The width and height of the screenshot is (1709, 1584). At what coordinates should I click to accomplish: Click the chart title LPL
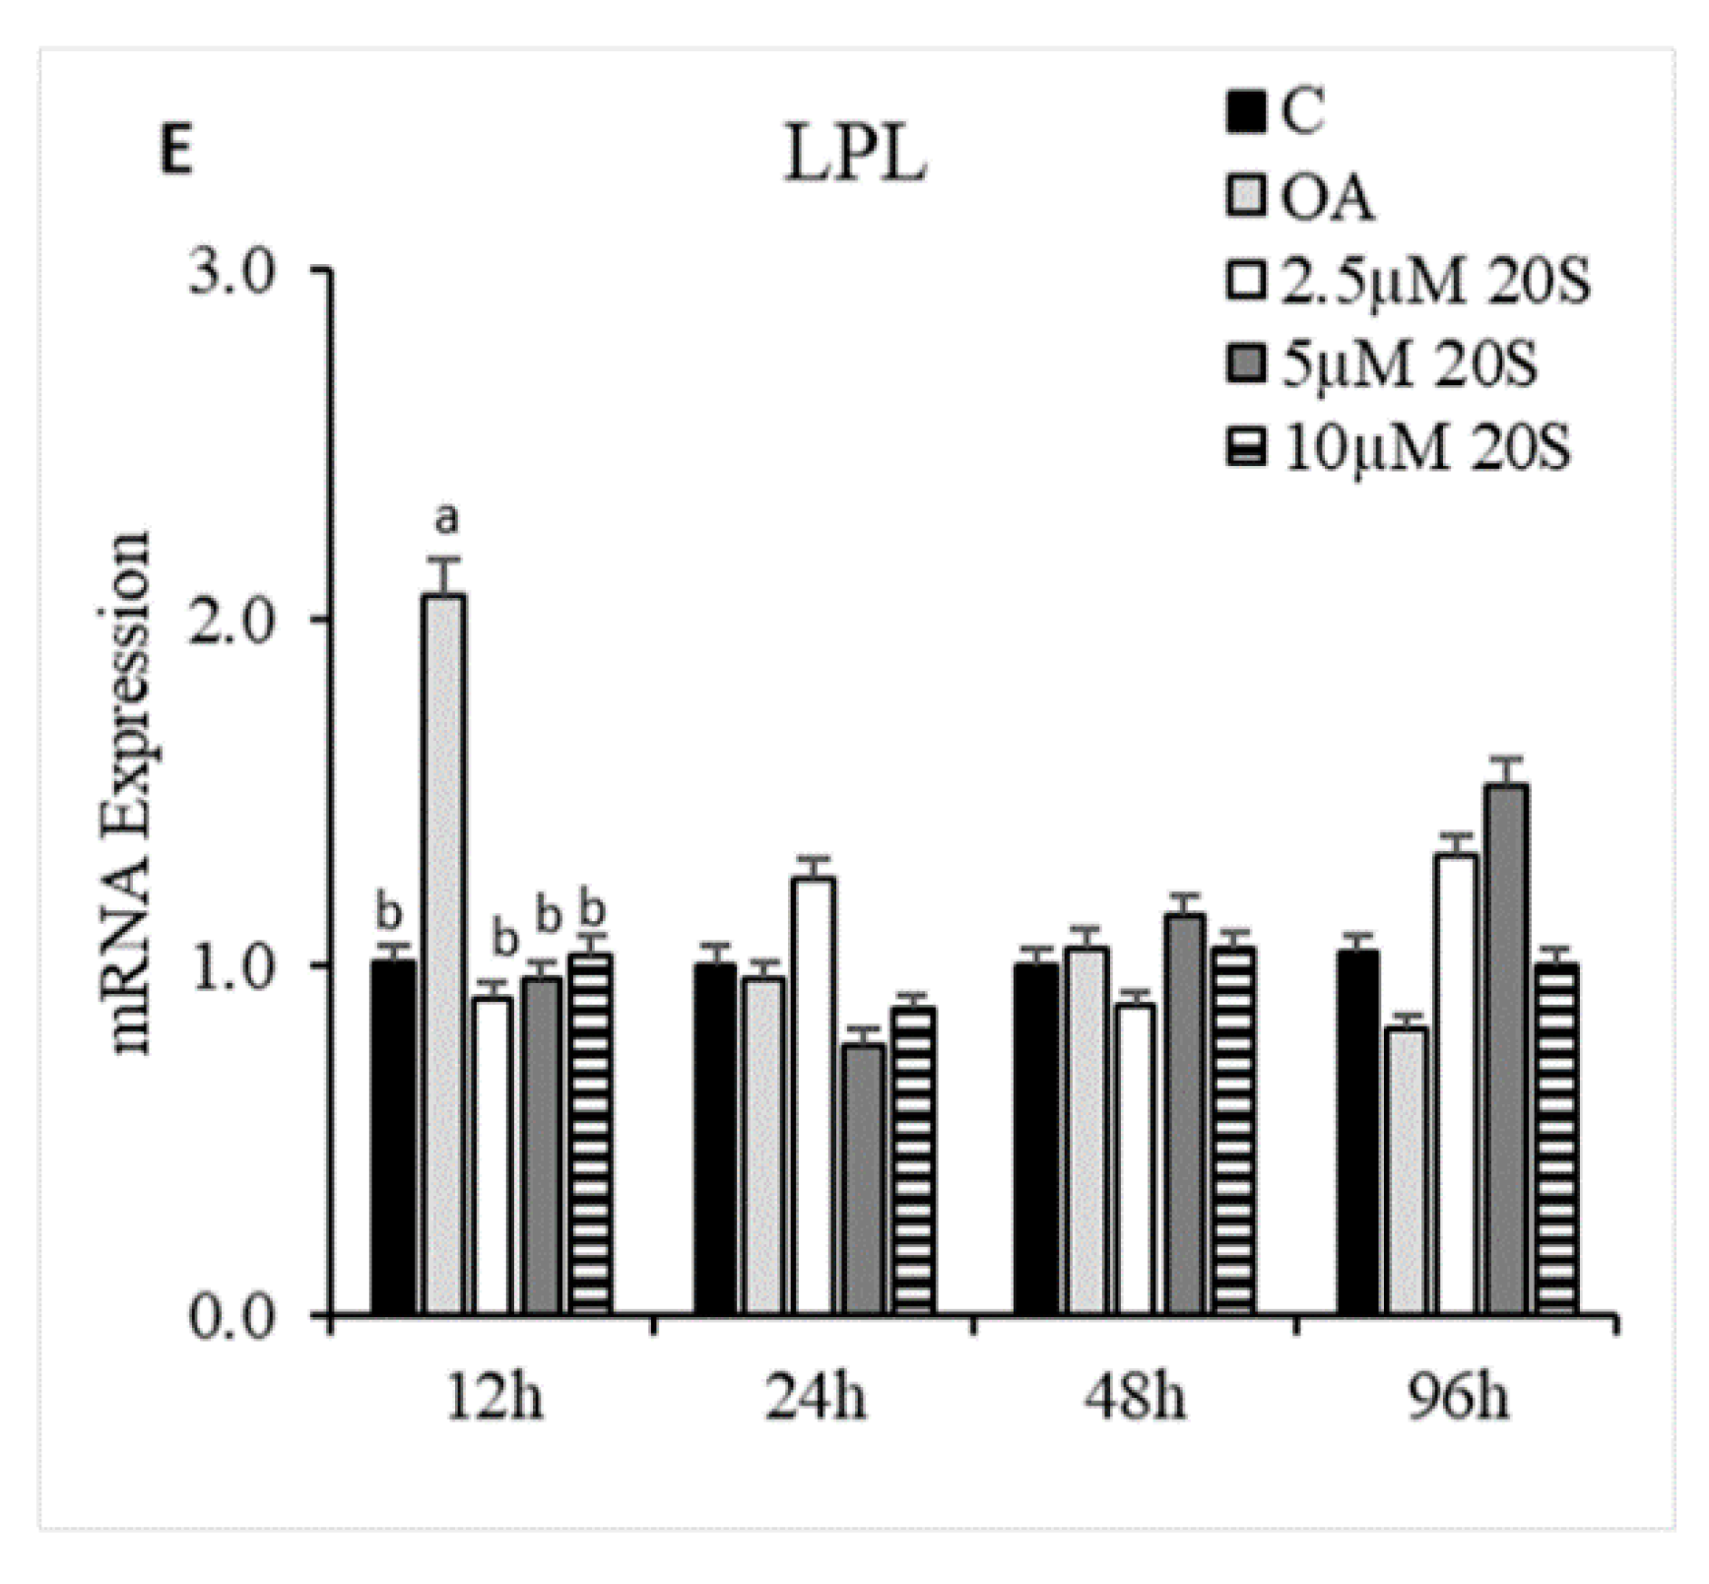[854, 154]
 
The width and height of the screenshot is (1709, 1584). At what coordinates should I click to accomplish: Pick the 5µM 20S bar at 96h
[1506, 1049]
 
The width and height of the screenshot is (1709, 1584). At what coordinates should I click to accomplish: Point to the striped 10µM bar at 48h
[1234, 1130]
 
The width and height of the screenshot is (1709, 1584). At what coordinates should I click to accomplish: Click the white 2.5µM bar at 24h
[814, 1094]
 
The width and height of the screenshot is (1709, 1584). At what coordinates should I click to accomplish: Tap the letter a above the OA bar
[446, 518]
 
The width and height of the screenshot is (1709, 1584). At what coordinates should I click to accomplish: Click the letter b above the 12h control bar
[390, 913]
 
